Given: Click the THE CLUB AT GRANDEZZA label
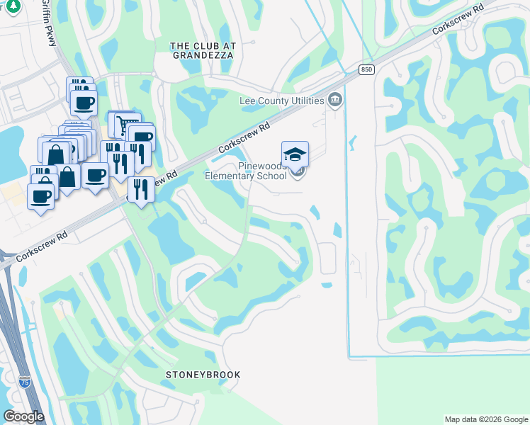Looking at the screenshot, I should click(x=202, y=49).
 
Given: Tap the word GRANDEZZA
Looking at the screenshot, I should click(x=202, y=54).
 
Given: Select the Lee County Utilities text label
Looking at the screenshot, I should click(x=281, y=101).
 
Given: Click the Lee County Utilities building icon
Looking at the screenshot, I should click(x=335, y=98).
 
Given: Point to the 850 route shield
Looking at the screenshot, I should click(x=366, y=69).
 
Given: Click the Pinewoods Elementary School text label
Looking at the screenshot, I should click(x=246, y=171).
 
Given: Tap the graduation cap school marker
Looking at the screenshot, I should click(x=295, y=154).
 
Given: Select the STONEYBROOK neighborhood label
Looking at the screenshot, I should click(x=203, y=375).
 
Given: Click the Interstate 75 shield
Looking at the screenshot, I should click(x=25, y=382).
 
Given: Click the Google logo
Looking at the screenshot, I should click(x=23, y=416).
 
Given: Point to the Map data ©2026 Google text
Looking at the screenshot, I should click(x=485, y=419).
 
